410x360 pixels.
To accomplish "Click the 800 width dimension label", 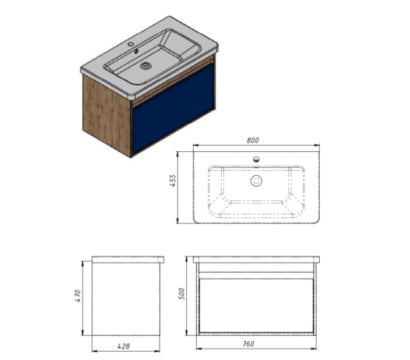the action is coord(253,140).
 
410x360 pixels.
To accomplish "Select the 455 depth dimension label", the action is coord(173,181).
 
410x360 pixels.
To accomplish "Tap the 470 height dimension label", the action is coord(78,296).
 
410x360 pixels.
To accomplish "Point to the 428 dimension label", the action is coord(123,347).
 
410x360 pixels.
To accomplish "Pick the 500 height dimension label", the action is coord(181,293).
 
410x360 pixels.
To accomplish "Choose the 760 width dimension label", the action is coord(248,343).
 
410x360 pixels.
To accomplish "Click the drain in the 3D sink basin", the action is coord(146,65).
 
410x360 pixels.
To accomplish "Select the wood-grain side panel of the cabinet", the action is coord(106,114).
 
